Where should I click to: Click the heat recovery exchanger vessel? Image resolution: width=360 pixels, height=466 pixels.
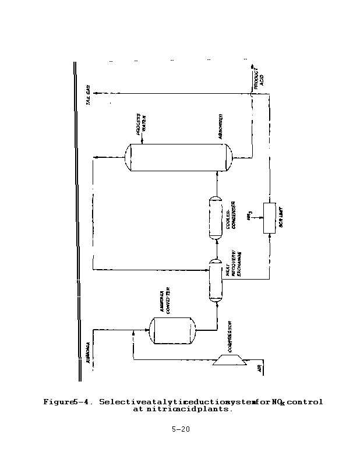tap(215, 280)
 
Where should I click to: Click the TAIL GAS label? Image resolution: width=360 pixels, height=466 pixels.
tap(89, 96)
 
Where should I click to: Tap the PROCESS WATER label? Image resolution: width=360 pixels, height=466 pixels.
tap(141, 123)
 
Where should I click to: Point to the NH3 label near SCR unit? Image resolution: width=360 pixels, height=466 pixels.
tap(249, 217)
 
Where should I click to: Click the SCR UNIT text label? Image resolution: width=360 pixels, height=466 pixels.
tap(281, 218)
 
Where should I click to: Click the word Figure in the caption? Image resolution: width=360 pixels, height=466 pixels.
tap(58, 402)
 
